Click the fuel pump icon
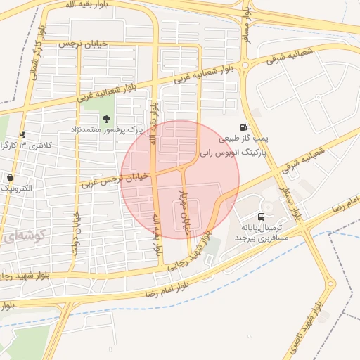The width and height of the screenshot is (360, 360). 243,128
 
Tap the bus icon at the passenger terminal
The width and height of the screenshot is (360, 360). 261,217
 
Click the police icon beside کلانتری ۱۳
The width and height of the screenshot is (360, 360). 23,134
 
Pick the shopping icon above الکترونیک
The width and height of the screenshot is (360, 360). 11,177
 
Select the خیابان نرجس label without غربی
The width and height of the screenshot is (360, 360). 84,44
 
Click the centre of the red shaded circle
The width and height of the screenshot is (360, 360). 180,180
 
